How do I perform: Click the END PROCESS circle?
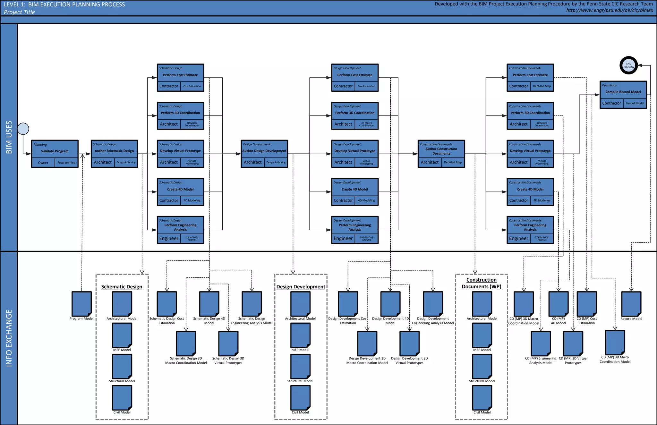[628, 65]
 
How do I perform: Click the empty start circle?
[23, 129]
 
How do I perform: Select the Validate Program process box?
[55, 151]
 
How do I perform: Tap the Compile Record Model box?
[623, 92]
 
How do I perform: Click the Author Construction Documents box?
[441, 151]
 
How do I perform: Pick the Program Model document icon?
[81, 303]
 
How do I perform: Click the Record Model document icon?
[631, 303]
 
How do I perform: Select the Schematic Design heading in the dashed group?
[122, 287]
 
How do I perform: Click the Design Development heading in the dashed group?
[301, 287]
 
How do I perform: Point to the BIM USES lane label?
[9, 137]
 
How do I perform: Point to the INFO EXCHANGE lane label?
[9, 338]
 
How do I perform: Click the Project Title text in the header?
[19, 12]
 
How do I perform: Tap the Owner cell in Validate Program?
[43, 163]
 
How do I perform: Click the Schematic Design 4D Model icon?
[209, 303]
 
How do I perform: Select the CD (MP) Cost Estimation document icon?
[586, 303]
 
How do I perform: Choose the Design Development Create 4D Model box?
[354, 189]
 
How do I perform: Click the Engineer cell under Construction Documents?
[518, 238]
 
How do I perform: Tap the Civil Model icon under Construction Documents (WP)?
[482, 397]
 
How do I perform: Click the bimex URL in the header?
[610, 10]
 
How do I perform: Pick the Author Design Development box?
[264, 151]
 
